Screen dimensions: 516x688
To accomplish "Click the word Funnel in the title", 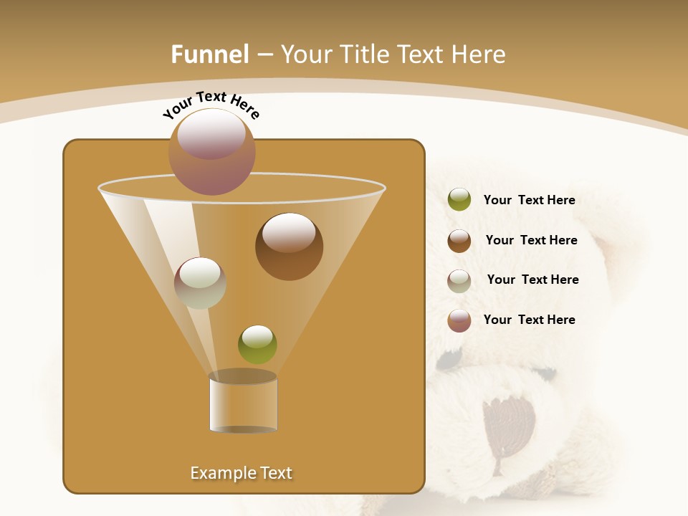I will tap(209, 54).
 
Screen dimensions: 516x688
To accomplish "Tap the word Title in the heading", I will tap(361, 54).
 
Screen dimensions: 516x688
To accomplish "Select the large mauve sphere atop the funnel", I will tap(212, 152).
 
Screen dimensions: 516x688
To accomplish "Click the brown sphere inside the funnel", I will tap(289, 247).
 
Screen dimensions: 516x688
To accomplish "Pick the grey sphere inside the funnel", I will tap(200, 283).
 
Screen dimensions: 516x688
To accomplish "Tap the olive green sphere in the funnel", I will tap(257, 345).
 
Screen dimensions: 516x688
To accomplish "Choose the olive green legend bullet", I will tap(459, 200).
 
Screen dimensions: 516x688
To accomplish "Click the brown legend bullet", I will tap(459, 241).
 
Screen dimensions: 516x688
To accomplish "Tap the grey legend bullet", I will tap(459, 281).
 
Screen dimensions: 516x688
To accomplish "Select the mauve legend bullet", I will tap(459, 320).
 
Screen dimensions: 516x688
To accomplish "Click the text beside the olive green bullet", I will tap(529, 200).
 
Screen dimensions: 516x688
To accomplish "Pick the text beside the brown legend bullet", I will tap(531, 240).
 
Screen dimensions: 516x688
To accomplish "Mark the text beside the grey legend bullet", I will tap(532, 279).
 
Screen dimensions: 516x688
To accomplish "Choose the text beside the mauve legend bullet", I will tap(529, 320).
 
